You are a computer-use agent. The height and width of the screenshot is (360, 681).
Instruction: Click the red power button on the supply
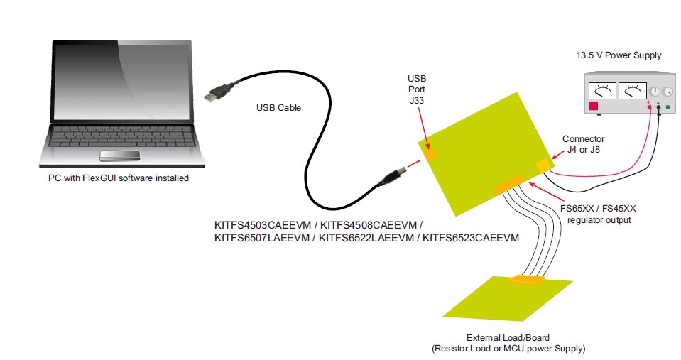tap(594, 107)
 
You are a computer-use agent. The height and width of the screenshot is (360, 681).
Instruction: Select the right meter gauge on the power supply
tap(632, 91)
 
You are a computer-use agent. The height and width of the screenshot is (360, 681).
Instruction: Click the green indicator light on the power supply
tap(668, 107)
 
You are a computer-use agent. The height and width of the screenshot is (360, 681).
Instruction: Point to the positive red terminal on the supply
tap(649, 107)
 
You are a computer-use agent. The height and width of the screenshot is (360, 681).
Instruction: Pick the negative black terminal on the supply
tap(659, 107)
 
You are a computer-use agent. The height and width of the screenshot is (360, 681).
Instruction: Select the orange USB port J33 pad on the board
tap(430, 152)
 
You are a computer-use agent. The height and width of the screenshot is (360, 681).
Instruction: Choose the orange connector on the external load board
tap(525, 280)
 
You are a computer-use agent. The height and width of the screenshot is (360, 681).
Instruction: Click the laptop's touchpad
tap(118, 156)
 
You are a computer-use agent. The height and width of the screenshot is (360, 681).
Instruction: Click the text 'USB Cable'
tap(278, 108)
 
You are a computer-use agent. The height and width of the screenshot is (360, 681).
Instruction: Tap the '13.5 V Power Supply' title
tap(619, 55)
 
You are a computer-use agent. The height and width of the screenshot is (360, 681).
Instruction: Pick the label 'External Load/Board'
tap(508, 337)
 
